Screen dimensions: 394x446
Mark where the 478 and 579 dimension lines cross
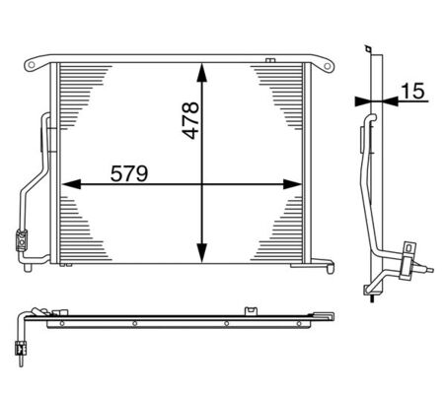tap(202, 184)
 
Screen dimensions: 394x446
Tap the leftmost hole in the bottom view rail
tap(60, 323)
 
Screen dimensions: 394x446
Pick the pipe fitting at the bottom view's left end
tap(17, 346)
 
